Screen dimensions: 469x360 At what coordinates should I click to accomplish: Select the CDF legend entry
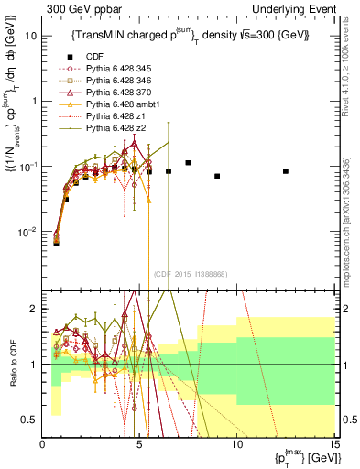90,54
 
